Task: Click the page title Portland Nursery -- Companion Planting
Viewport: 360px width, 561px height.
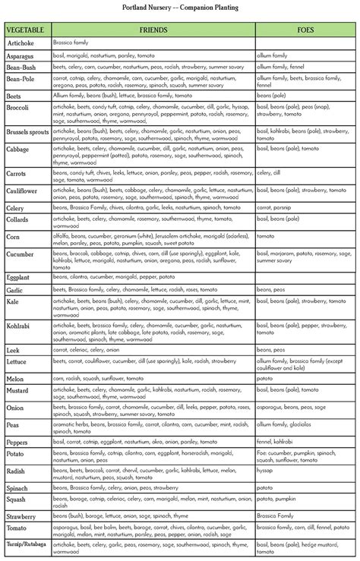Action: pyautogui.click(x=180, y=8)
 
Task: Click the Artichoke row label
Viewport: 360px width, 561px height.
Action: pyautogui.click(x=21, y=44)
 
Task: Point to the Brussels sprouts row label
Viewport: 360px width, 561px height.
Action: pyautogui.click(x=27, y=132)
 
